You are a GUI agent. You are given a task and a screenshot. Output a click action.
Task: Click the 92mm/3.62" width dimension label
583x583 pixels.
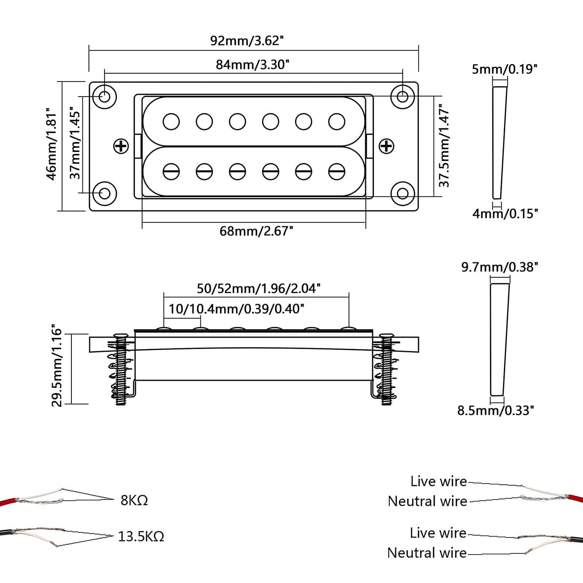point(247,40)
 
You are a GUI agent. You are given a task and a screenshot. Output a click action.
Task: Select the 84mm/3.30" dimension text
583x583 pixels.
point(253,64)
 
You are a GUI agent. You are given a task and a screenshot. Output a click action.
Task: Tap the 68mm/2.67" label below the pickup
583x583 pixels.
point(256,231)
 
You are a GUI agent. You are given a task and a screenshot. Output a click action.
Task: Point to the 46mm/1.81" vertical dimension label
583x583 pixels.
point(52,144)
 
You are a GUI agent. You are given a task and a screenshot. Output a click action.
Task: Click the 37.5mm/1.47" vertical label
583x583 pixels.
point(443,146)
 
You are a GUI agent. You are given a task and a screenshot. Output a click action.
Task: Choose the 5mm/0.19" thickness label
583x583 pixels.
point(504,69)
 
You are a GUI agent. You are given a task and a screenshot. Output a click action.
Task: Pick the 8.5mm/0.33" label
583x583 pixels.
point(496,411)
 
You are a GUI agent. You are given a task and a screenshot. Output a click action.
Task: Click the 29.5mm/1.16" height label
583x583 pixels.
point(57,365)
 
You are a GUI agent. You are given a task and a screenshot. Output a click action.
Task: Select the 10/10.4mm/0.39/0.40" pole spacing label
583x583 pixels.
point(236,309)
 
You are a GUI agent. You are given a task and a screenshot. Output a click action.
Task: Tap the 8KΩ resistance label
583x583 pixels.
point(134,500)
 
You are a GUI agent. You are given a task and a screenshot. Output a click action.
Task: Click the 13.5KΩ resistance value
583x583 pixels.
point(141,536)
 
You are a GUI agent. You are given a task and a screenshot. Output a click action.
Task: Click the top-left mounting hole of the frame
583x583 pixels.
point(105,97)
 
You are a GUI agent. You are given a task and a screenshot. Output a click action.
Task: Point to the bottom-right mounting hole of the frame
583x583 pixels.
point(402,193)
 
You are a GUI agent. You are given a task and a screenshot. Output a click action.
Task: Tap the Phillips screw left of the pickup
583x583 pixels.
point(121,146)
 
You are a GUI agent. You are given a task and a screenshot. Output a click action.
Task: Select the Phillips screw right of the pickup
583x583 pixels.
point(386,146)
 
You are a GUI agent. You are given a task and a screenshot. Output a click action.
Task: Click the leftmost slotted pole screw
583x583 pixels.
point(171,171)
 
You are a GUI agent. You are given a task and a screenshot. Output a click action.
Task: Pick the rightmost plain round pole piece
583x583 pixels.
point(337,122)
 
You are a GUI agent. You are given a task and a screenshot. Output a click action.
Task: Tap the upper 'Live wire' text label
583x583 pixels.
point(438,481)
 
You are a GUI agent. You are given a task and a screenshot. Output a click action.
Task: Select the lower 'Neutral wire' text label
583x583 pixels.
point(427,553)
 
